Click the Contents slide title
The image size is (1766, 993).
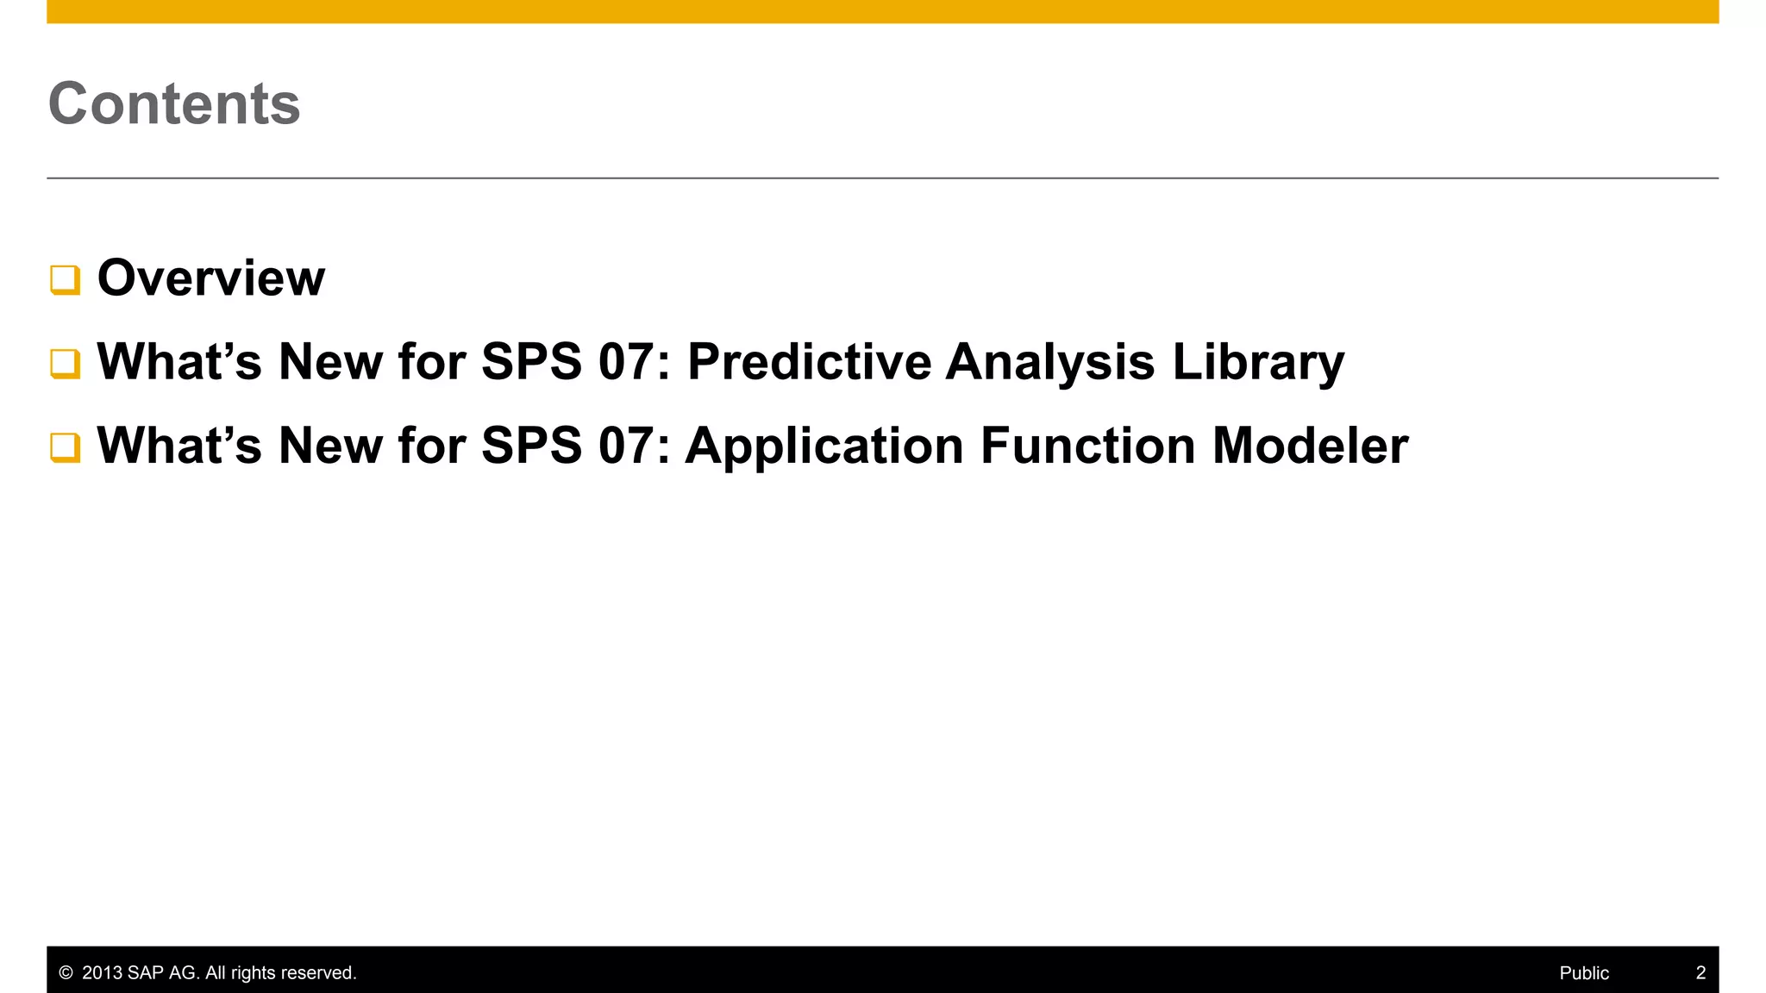[174, 103]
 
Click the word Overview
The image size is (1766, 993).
[211, 278]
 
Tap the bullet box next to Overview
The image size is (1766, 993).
[66, 280]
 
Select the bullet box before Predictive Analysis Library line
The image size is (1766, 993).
[66, 364]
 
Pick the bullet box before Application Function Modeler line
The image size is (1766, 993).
[66, 447]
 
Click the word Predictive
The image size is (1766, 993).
[809, 361]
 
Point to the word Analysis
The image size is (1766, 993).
[1049, 361]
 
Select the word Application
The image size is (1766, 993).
[824, 446]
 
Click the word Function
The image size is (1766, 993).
[1087, 446]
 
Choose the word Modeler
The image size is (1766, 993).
[1310, 446]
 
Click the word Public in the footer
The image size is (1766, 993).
[1584, 973]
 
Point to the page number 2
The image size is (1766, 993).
[1700, 973]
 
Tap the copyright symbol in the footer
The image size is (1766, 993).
[66, 973]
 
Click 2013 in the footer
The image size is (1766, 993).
[102, 973]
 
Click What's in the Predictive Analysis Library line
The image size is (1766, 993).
[179, 361]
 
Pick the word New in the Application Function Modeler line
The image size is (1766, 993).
[330, 446]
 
